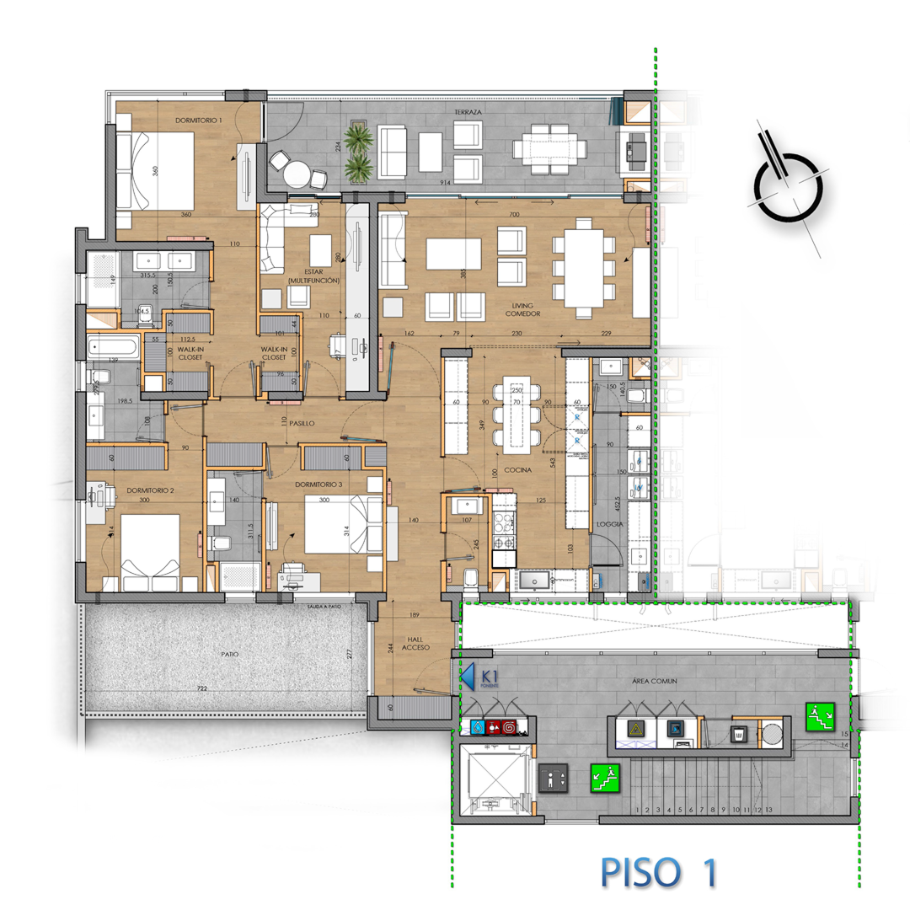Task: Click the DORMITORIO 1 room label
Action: tap(198, 120)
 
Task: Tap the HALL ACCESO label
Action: tap(414, 643)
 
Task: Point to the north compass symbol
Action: tap(787, 186)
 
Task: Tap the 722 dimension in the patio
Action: tap(201, 689)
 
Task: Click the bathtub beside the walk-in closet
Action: tap(114, 346)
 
